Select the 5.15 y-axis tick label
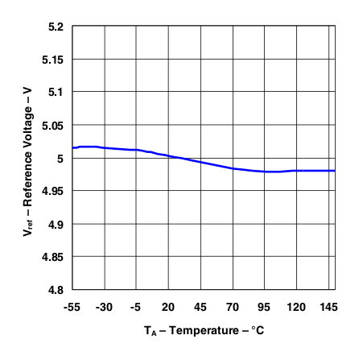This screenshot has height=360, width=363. pos(53,60)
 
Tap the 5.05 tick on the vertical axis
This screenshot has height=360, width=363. pos(53,125)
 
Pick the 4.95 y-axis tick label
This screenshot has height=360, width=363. pos(53,191)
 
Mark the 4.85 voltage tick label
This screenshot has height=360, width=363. pos(53,256)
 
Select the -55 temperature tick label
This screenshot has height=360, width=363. pos(72,307)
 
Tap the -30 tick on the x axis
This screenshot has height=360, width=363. pos(104,307)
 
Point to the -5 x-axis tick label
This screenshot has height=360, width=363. pos(136,307)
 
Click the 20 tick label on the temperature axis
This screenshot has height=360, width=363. pos(168,307)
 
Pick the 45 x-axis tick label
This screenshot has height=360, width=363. pos(200,307)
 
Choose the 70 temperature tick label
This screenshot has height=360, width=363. pos(233,307)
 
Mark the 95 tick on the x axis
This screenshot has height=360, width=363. pos(265,307)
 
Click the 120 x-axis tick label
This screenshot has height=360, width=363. pos(297,307)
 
